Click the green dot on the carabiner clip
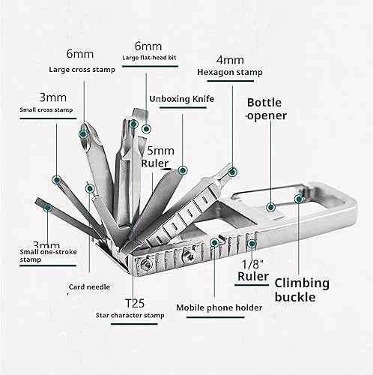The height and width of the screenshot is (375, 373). coord(299,199)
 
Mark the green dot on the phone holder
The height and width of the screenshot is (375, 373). coord(214,242)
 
